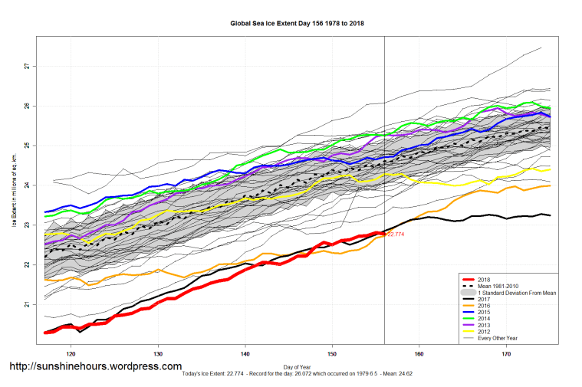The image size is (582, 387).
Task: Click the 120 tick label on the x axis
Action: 71,355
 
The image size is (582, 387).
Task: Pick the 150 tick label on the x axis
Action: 332,355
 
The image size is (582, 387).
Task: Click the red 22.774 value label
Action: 396,234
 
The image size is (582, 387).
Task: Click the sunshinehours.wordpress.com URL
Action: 95,366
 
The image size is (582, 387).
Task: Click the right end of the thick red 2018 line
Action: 383,233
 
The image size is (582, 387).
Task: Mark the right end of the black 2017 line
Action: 549,215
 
